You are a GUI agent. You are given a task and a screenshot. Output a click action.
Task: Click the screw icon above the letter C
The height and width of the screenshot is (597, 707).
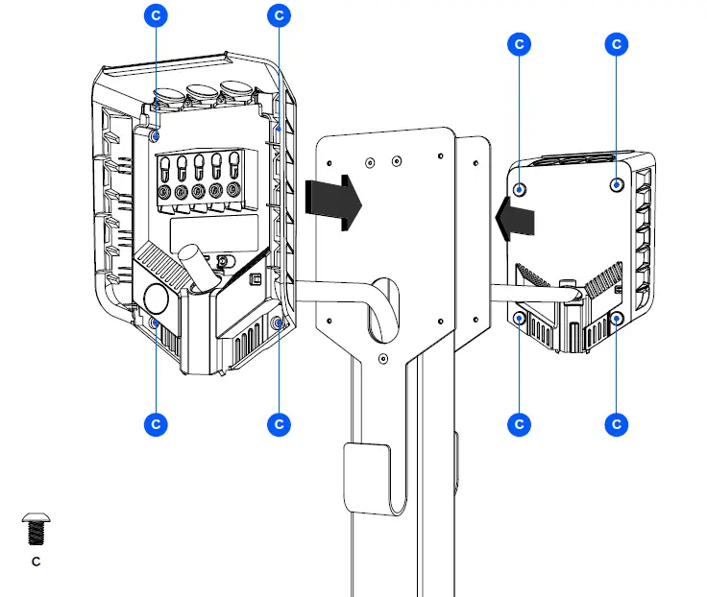(36, 529)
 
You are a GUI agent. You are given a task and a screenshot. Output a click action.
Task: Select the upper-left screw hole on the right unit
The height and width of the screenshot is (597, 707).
(520, 188)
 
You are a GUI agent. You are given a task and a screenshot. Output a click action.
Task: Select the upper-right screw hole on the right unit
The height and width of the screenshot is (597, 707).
(617, 183)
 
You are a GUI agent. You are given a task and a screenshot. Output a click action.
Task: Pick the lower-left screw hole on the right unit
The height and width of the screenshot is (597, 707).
(520, 318)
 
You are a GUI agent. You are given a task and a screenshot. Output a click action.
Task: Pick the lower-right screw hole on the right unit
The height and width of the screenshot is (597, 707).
(618, 317)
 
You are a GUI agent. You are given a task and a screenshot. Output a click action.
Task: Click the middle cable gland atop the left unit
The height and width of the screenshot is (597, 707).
(203, 94)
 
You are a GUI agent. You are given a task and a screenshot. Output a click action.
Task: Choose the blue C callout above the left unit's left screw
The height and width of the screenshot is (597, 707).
(156, 15)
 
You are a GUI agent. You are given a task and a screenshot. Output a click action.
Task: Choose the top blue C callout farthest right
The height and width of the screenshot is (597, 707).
(617, 44)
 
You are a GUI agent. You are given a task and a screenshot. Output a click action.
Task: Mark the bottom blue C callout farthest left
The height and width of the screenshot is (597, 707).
(156, 423)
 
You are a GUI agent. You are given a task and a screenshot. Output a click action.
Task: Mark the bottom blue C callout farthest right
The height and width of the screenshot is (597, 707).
(617, 423)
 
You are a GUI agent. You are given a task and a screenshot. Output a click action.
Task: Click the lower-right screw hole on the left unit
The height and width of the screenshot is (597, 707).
(278, 324)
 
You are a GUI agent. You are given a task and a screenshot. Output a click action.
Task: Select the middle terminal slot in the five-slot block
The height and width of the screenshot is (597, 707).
(200, 168)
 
